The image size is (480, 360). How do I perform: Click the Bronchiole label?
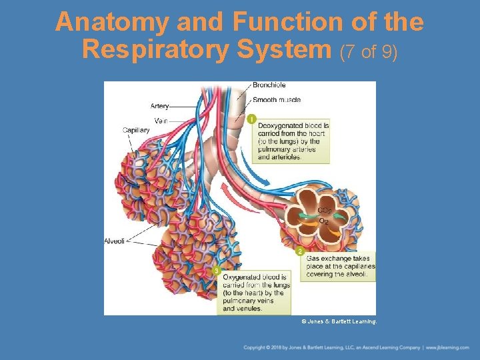[x=269, y=85]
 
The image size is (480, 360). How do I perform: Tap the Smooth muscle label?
[x=277, y=100]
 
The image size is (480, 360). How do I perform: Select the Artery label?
[x=159, y=106]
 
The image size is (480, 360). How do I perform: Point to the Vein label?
[x=161, y=121]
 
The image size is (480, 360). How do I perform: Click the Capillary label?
[x=136, y=130]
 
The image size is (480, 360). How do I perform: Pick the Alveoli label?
[x=114, y=241]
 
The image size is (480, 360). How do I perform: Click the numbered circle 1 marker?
[x=251, y=119]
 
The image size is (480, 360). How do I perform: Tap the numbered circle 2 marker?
[x=300, y=251]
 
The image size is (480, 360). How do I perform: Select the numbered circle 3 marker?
[x=216, y=271]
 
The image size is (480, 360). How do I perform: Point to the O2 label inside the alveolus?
[x=324, y=220]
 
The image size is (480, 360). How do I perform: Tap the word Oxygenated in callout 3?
[x=244, y=277]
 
